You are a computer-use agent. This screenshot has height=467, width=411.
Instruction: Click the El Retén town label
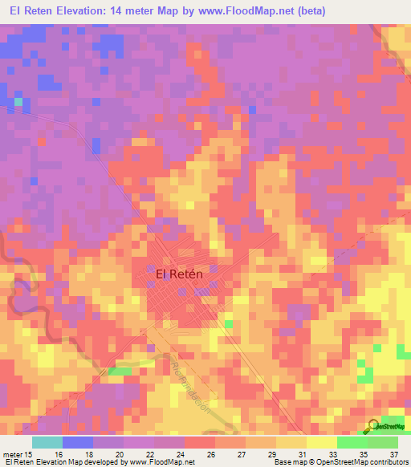(x=178, y=274)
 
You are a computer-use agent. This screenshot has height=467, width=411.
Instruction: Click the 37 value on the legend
(x=392, y=453)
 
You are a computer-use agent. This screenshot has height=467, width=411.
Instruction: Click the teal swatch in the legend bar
(x=47, y=442)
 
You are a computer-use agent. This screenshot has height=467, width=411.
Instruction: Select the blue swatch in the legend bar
(x=78, y=442)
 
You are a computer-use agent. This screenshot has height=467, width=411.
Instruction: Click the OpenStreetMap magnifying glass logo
(x=374, y=425)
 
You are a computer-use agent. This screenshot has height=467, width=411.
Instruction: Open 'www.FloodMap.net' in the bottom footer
(x=161, y=462)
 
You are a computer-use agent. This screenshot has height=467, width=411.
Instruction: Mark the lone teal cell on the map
(x=18, y=102)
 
